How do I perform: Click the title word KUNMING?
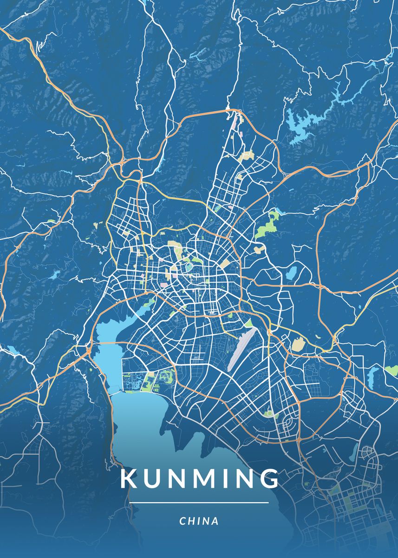coord(200,479)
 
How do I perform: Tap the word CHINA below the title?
coord(199,521)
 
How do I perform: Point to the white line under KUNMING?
coord(199,503)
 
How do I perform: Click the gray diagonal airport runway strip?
coord(242,349)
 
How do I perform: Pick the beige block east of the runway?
coord(297,345)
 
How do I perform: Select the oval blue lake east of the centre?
coord(291,273)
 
